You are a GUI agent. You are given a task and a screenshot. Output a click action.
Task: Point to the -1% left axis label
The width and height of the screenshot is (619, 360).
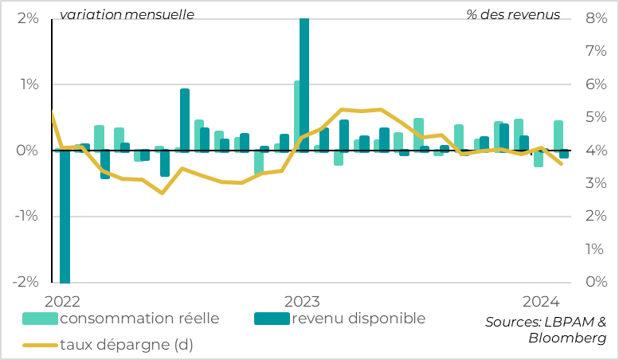point(26,216)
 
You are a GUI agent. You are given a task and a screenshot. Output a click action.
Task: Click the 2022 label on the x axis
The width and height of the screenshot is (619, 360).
point(62,301)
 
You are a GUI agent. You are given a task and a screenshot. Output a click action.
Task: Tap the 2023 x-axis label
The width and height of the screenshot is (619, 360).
point(302,301)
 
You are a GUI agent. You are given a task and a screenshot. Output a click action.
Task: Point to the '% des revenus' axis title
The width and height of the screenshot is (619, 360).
point(513,14)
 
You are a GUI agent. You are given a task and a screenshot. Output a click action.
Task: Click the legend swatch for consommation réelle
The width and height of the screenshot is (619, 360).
point(40,319)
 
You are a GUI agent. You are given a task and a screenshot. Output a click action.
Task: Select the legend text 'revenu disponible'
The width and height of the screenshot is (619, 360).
point(358,319)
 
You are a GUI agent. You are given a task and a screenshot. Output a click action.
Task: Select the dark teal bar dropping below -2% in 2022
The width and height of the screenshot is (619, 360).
point(65,215)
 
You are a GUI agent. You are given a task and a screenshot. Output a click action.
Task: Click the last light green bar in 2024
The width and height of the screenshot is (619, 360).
point(558,135)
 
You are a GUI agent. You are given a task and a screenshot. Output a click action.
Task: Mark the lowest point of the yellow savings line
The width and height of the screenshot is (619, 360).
point(162,193)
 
